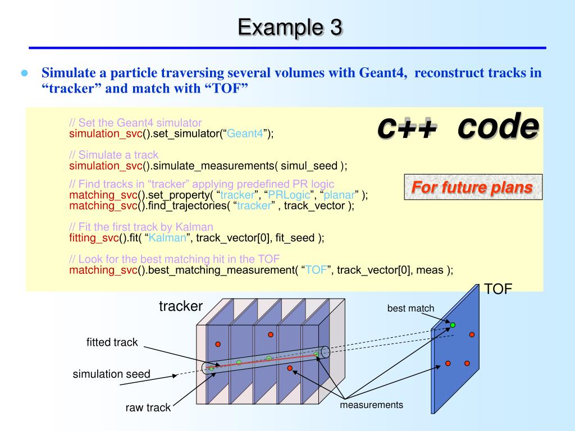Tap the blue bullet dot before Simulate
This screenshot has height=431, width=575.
[24, 74]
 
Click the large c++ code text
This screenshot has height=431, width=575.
[458, 127]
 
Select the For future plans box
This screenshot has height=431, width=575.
[473, 187]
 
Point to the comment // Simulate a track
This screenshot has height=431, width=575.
[114, 154]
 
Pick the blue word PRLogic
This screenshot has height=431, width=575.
[287, 195]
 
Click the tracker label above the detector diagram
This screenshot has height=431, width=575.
[181, 306]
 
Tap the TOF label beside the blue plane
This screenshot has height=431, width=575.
[499, 289]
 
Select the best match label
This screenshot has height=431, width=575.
[410, 308]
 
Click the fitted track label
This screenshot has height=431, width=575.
[112, 342]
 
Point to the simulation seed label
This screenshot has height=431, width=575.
[111, 374]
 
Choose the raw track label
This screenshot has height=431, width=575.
[148, 408]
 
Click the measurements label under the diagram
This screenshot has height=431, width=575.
[371, 405]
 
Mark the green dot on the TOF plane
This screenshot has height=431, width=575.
[453, 325]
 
